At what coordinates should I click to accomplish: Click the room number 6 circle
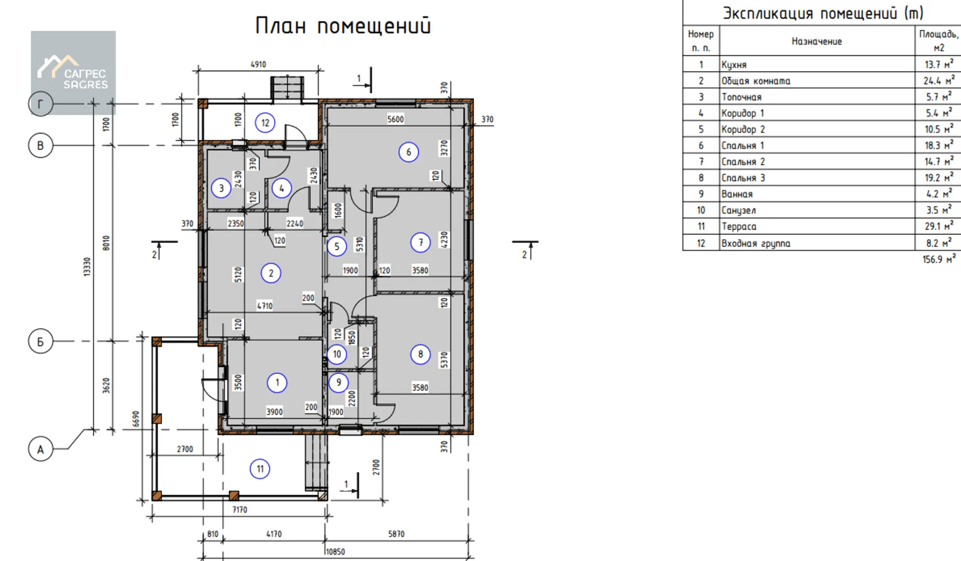click(408, 152)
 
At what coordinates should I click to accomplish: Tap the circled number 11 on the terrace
click(260, 469)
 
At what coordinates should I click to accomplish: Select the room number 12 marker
click(265, 123)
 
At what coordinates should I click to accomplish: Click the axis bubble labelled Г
click(41, 104)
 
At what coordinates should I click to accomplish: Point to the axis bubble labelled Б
click(41, 342)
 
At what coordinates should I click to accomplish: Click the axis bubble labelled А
click(41, 449)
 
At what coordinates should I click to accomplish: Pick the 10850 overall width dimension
click(335, 552)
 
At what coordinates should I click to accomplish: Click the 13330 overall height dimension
click(87, 266)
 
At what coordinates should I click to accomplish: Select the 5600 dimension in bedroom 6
click(395, 119)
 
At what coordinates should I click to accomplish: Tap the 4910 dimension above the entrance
click(258, 64)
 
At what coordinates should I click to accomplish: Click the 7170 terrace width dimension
click(239, 510)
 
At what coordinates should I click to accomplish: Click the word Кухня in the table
click(734, 65)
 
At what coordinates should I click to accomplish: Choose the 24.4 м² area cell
click(939, 81)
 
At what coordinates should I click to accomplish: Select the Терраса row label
click(739, 226)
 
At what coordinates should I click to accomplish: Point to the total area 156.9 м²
click(939, 259)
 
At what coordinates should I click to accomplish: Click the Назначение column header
click(817, 42)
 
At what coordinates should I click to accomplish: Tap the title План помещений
click(343, 25)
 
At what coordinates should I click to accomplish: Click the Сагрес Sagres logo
click(73, 72)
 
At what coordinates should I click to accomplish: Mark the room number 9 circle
click(339, 383)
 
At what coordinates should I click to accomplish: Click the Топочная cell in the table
click(741, 97)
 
